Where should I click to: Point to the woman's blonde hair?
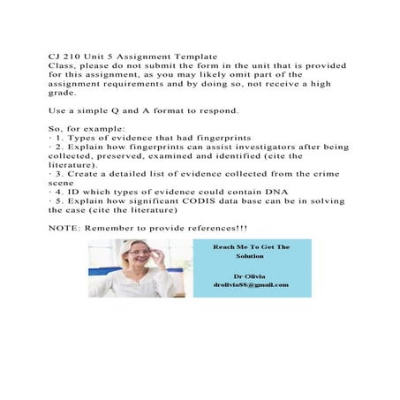pos(125,246)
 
